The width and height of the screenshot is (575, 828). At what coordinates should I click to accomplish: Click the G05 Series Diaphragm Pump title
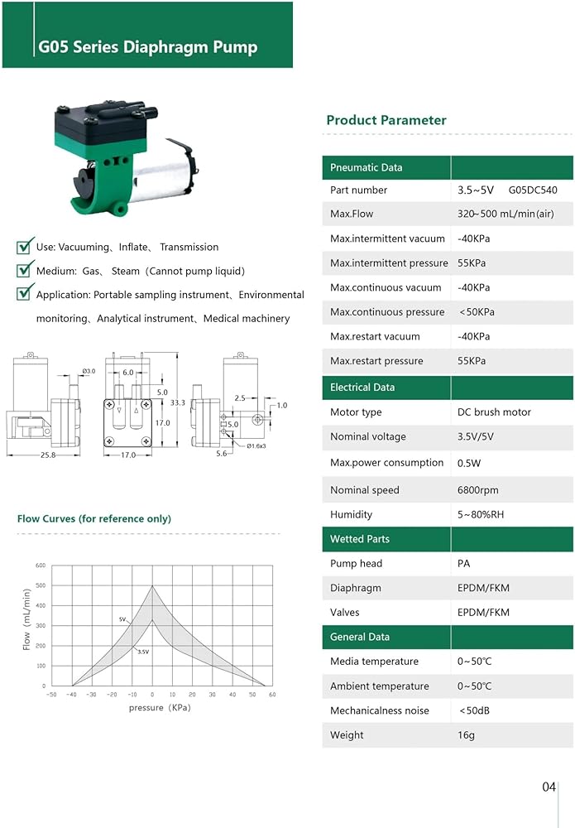coord(148,47)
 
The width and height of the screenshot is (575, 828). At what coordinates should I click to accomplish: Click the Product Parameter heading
coord(386,120)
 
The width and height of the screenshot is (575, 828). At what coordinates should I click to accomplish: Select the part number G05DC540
coord(533,190)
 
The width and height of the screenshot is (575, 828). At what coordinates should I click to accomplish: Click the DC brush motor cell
coord(494,412)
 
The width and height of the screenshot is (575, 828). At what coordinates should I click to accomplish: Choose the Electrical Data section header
coord(362,388)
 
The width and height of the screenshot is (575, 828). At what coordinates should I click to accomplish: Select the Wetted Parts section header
coord(359,539)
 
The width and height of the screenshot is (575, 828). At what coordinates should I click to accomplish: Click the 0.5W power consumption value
coord(469,464)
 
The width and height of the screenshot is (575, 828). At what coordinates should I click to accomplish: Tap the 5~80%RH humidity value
coord(480,515)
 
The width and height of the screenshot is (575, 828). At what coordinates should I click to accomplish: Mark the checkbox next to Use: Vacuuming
coord(25,246)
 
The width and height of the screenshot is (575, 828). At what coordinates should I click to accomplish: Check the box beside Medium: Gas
coord(25,270)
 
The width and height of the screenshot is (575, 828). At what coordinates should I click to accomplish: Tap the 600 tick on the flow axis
coord(40,566)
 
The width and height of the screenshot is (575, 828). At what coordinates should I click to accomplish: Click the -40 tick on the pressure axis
coord(71,695)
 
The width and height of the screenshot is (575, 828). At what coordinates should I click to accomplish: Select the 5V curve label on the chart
coord(122,619)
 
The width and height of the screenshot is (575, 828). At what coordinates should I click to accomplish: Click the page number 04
coord(549,787)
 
